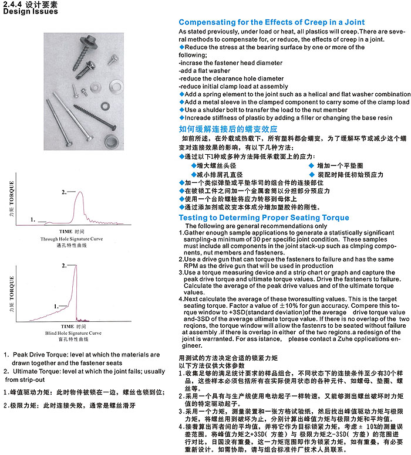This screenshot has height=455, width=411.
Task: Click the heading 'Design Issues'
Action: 25,11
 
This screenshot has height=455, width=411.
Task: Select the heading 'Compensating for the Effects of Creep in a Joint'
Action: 264,22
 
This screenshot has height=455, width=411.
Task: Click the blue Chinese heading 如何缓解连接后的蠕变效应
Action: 228,128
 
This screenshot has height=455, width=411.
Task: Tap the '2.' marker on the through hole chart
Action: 64,192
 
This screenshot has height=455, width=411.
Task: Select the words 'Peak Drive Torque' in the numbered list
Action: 39,355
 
